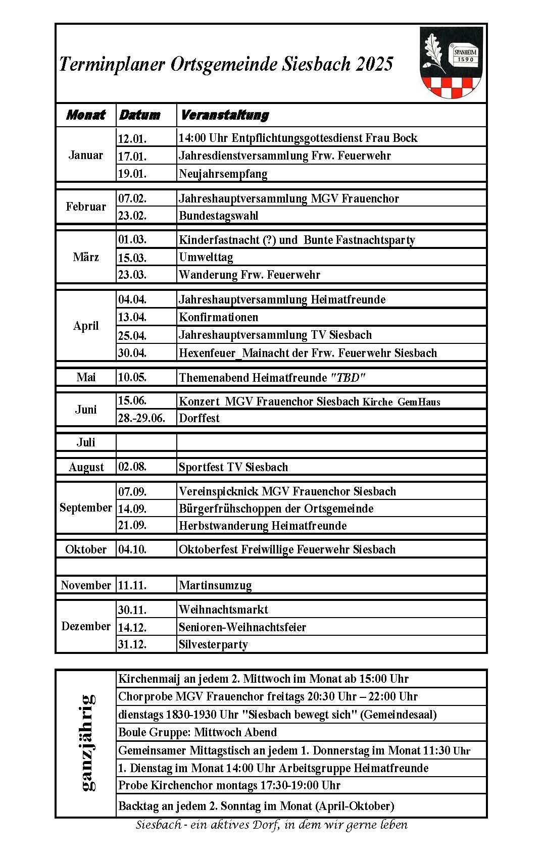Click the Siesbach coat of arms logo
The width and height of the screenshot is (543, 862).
coord(451,63)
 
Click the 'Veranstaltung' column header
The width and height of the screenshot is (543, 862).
coord(224,115)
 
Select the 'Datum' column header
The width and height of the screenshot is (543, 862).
coord(139,115)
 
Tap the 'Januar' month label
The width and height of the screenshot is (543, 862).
coord(86,155)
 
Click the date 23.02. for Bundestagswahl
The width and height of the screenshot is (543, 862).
coord(132,216)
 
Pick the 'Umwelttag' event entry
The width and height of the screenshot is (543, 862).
coord(206,257)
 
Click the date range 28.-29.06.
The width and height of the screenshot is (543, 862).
coord(141,418)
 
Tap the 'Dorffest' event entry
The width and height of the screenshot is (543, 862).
coord(200,418)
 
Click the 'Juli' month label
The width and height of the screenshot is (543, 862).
coord(86,442)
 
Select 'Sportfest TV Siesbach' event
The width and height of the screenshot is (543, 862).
coord(233,467)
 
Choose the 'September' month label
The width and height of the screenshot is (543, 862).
coord(86,508)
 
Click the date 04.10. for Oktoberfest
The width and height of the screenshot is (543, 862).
coord(132,549)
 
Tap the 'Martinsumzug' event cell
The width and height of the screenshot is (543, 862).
coord(215,585)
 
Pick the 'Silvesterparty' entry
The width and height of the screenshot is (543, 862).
coord(213,644)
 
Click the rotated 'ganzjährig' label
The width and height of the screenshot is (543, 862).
coord(87,742)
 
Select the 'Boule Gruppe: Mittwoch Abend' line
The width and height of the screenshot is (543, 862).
coord(198,732)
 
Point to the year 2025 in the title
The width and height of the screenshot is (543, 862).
coord(374,64)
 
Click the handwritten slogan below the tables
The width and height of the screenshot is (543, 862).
coord(271,825)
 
